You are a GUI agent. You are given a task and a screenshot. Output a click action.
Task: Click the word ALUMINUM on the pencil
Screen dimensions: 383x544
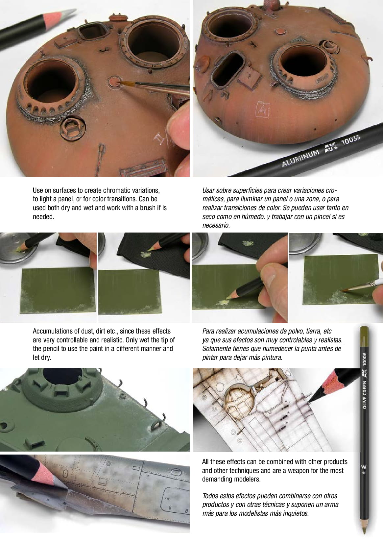click(300, 158)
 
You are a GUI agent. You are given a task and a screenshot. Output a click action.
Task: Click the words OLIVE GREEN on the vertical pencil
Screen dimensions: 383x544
click(364, 395)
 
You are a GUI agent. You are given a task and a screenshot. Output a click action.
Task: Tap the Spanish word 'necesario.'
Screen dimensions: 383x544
click(216, 225)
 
